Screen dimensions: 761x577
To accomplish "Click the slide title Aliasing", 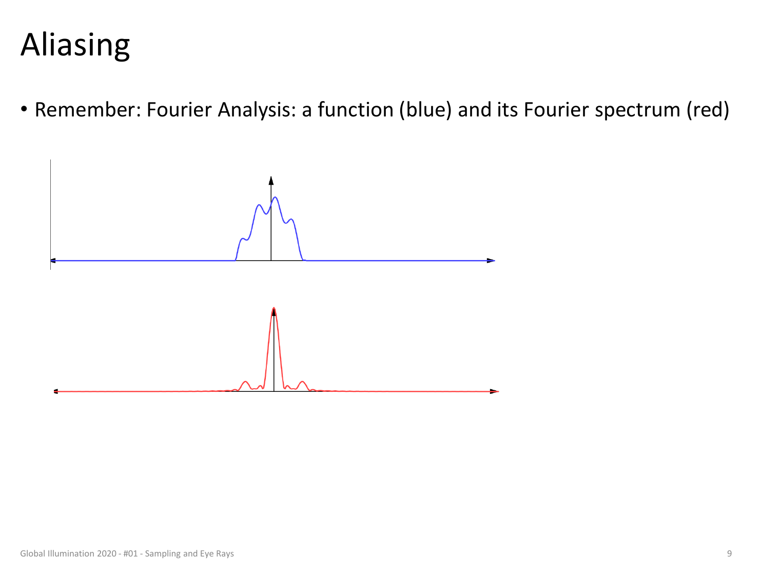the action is click(75, 45).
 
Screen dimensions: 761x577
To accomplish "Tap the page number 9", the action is click(729, 553).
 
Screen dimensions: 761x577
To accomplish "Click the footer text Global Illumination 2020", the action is click(68, 553).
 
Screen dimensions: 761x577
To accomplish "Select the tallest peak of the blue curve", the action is click(275, 197).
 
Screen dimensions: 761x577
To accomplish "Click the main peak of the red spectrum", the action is click(274, 308).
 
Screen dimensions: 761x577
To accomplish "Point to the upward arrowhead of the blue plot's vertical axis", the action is click(271, 180).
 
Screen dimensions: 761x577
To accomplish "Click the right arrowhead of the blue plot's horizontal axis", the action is click(491, 261).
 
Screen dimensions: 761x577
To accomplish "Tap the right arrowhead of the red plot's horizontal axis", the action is click(494, 392).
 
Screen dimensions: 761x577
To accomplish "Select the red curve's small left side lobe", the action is click(245, 382).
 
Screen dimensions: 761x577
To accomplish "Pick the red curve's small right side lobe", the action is click(303, 382).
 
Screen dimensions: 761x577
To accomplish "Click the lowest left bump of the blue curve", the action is click(242, 239).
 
